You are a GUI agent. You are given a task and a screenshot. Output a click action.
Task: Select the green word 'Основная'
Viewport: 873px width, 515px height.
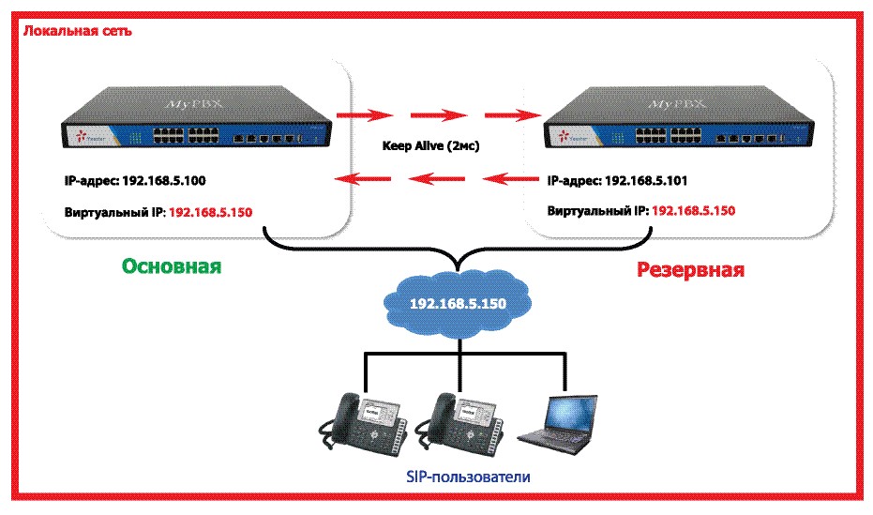click(171, 266)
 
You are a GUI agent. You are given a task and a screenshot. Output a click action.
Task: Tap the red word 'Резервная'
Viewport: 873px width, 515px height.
click(691, 270)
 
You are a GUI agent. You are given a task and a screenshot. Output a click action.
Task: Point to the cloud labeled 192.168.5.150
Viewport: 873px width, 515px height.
click(458, 304)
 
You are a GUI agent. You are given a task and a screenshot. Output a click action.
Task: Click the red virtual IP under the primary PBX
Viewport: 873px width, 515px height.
click(211, 212)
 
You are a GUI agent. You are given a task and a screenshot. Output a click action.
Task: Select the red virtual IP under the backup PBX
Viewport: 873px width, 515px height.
click(693, 212)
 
